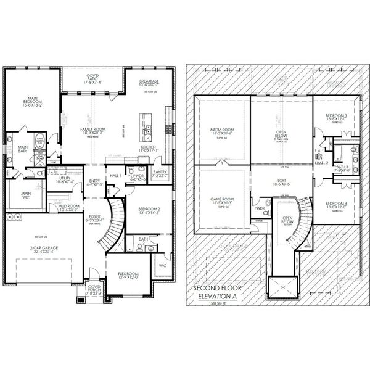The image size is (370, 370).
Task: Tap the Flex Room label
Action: (x=129, y=275)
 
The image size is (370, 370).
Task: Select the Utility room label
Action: (x=64, y=179)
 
